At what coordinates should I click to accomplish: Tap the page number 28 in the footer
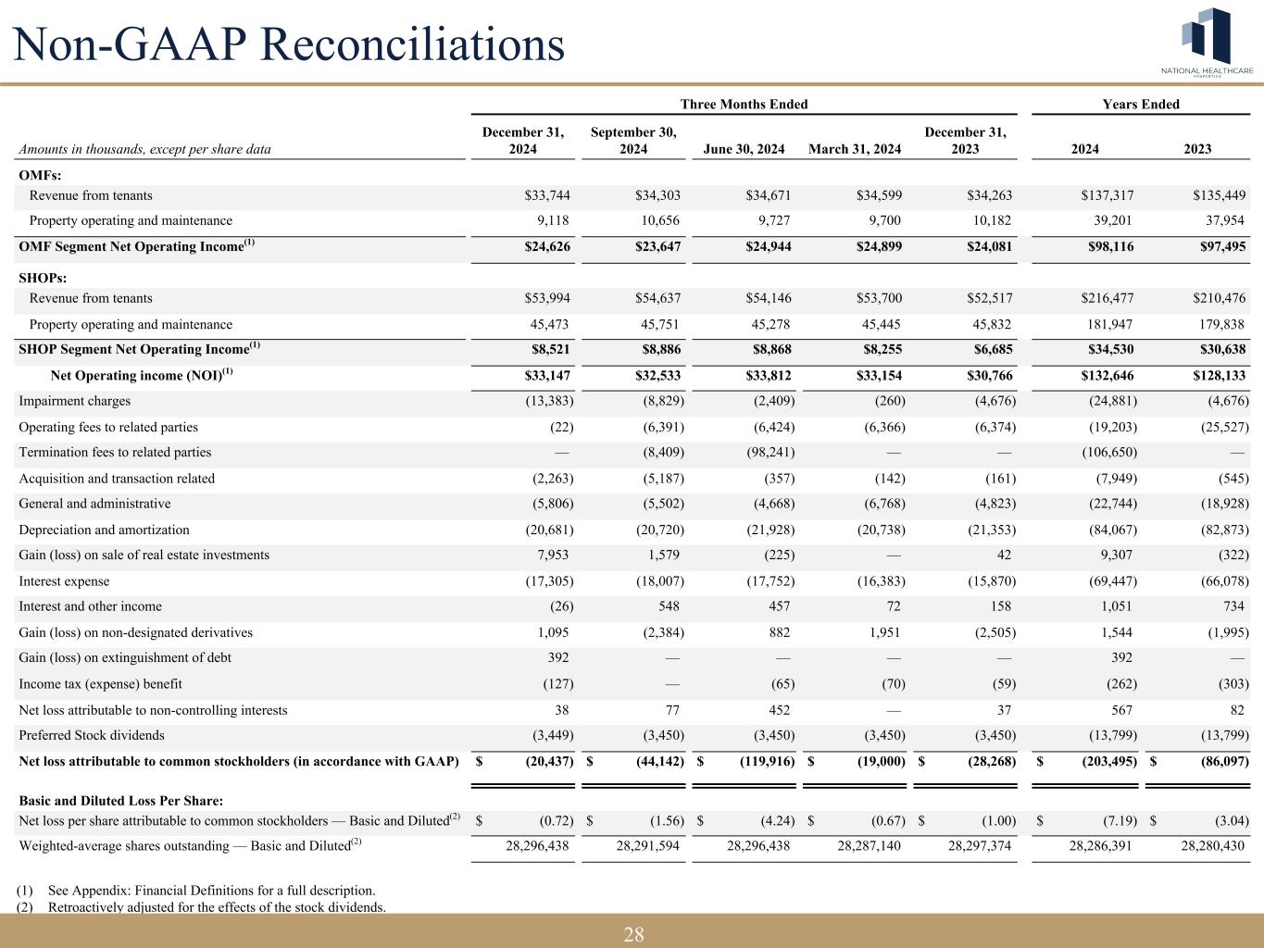pyautogui.click(x=633, y=934)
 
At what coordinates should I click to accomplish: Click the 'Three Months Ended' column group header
pyautogui.click(x=744, y=105)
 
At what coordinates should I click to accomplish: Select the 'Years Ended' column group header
pyautogui.click(x=1140, y=105)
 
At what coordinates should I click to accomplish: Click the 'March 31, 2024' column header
pyautogui.click(x=855, y=149)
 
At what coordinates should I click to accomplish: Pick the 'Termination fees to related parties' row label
pyautogui.click(x=115, y=453)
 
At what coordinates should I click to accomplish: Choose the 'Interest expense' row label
pyautogui.click(x=64, y=581)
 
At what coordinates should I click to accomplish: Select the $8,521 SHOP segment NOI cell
pyautogui.click(x=547, y=350)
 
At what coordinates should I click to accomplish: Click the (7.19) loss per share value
pyautogui.click(x=1119, y=820)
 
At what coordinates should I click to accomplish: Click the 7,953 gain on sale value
pyautogui.click(x=552, y=555)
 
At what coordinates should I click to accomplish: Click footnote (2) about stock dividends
pyautogui.click(x=201, y=907)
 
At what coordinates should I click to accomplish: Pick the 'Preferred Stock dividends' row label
pyautogui.click(x=92, y=736)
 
